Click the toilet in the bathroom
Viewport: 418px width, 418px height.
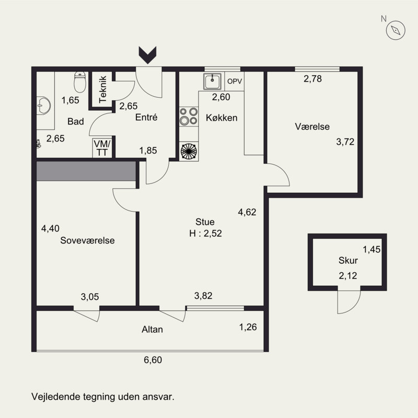click(x=80, y=82)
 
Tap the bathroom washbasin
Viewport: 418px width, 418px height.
click(x=43, y=106)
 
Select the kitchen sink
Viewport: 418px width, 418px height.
click(x=213, y=81)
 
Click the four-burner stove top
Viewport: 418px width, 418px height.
click(x=189, y=116)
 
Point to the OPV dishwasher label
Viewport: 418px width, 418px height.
click(x=235, y=82)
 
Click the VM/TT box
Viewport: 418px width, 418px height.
click(x=102, y=148)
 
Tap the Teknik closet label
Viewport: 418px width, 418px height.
click(x=103, y=89)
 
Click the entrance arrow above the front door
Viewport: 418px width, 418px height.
click(x=147, y=55)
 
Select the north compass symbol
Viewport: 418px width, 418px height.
click(x=396, y=30)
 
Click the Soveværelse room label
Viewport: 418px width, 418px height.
click(x=87, y=240)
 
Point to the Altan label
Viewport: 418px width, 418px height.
click(x=152, y=330)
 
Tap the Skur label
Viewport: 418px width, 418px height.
click(x=348, y=260)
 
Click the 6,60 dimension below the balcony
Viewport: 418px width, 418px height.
click(x=153, y=360)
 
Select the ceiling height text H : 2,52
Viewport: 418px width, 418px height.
click(x=205, y=233)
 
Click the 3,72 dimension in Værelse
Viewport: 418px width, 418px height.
click(x=345, y=142)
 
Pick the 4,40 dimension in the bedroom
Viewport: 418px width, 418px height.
click(x=50, y=228)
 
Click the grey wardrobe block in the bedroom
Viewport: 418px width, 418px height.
click(x=86, y=171)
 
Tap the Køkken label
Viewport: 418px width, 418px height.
click(x=222, y=118)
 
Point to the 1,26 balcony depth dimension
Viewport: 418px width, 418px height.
click(x=248, y=327)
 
